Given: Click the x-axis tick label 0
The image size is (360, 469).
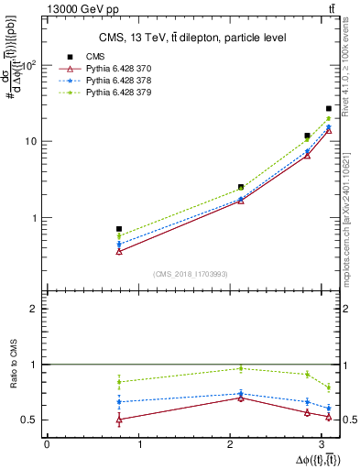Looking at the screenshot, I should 47,443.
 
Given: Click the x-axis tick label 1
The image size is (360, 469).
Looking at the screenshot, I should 140,443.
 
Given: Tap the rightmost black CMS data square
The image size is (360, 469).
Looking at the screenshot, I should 328,108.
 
